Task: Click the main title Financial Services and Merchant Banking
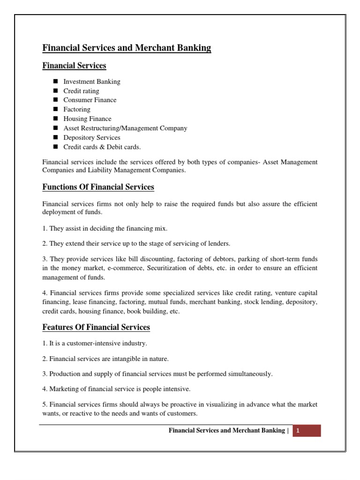[x=127, y=48]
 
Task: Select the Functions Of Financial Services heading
[x=98, y=187]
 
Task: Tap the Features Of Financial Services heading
[x=96, y=327]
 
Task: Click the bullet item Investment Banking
[x=92, y=82]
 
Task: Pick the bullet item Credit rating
[x=81, y=91]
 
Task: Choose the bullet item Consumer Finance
[x=90, y=100]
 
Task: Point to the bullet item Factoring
[x=77, y=109]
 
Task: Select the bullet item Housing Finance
[x=87, y=119]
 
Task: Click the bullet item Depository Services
[x=92, y=137]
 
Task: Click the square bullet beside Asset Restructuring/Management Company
[x=55, y=128]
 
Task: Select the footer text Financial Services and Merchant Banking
[x=226, y=431]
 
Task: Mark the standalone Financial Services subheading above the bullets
[x=74, y=66]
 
